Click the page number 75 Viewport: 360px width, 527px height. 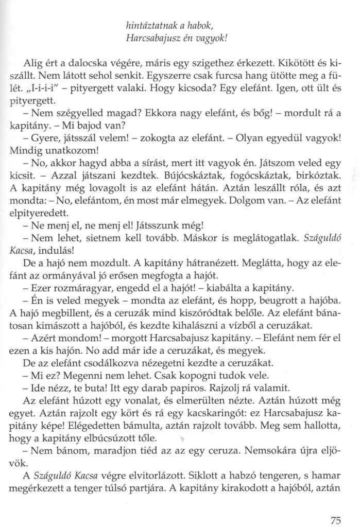coord(335,506)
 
